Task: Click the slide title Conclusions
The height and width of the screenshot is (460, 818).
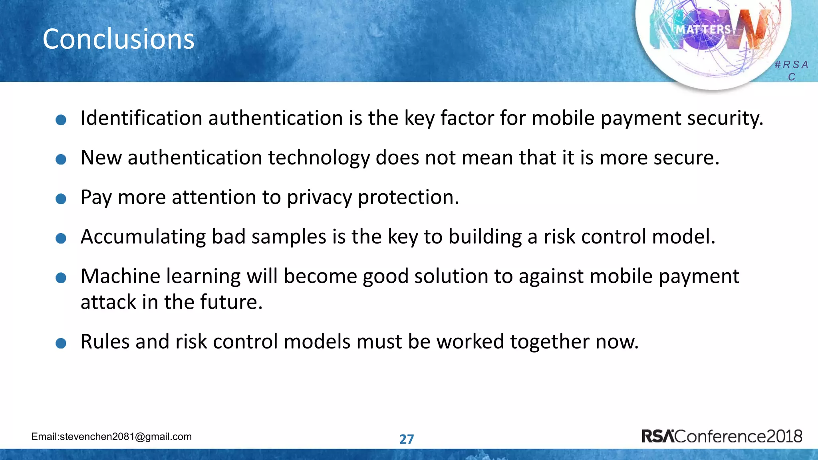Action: point(118,39)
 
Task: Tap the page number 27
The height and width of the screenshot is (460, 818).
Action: point(407,439)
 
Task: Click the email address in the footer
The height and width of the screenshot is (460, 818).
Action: point(111,436)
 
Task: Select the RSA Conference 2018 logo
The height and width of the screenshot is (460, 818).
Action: point(721,436)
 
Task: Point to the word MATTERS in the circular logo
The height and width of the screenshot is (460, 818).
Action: point(703,30)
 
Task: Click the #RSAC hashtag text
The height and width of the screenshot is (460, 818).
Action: point(791,70)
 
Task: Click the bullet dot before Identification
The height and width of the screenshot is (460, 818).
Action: point(61,120)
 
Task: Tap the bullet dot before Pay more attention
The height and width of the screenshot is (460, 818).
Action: point(61,199)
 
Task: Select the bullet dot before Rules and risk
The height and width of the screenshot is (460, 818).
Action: point(61,343)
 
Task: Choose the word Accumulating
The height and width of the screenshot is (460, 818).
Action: point(143,237)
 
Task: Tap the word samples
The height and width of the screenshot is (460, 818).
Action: point(289,237)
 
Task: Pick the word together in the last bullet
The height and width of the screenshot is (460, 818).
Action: point(550,342)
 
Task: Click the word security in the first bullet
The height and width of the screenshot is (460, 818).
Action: point(725,118)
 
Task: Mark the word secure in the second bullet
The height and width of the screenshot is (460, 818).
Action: point(686,158)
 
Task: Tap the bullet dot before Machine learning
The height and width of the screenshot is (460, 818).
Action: point(61,278)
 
